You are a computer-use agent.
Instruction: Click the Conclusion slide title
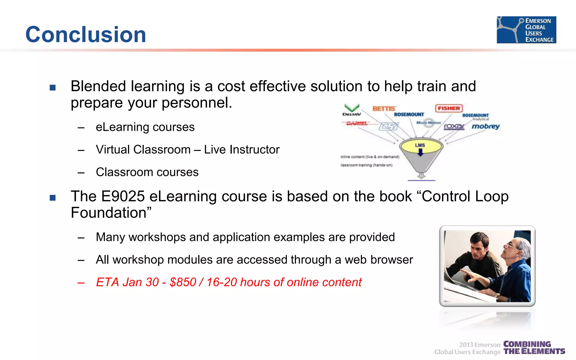tap(86, 34)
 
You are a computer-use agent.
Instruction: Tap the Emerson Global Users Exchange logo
tap(526, 30)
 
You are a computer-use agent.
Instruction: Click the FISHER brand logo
tap(449, 108)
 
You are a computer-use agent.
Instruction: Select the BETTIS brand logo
tap(384, 109)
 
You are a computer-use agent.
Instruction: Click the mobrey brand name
tap(486, 126)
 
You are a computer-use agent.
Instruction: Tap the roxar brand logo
tap(454, 127)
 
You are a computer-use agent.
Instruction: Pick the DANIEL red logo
tap(357, 123)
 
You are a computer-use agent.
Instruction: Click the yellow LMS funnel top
tap(421, 146)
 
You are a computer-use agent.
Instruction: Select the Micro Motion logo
tap(428, 123)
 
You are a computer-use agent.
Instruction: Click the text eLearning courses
tap(145, 127)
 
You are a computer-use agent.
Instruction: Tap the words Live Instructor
tap(242, 150)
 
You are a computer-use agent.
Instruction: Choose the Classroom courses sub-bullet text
tap(147, 172)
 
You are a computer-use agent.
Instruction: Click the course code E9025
tap(123, 196)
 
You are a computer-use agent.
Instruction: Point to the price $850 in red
tap(183, 282)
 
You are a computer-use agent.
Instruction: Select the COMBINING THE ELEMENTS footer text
tap(534, 348)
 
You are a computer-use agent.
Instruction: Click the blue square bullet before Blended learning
tap(53, 87)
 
